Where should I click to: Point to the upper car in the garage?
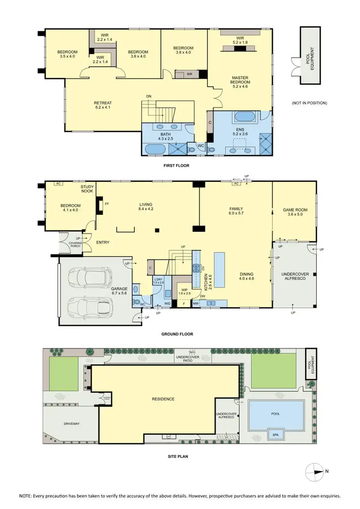(90, 277)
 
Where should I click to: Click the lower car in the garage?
(90, 305)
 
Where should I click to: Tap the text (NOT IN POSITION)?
(309, 103)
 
